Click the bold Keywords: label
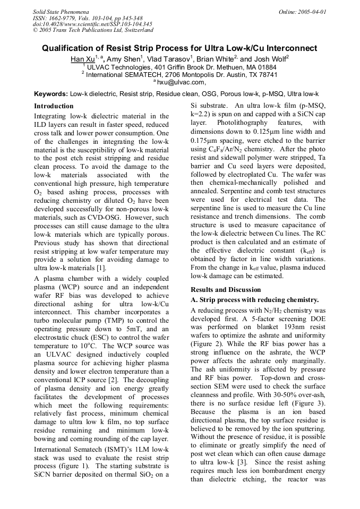51,93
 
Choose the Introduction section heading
54,106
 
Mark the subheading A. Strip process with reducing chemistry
254,300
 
